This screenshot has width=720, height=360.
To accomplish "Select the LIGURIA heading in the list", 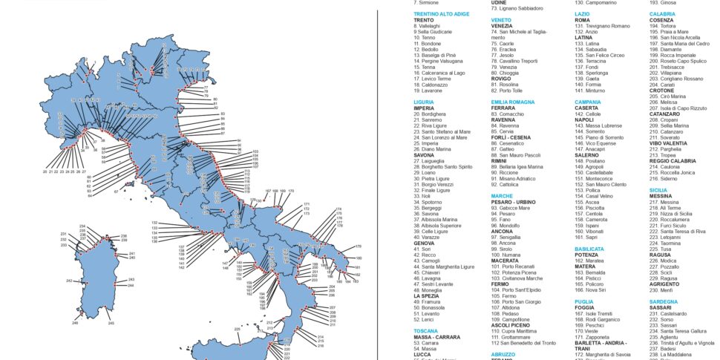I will tap(424, 101).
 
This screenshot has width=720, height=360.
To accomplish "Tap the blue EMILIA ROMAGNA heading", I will tap(512, 101).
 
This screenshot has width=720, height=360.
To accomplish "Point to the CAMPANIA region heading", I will tap(588, 101).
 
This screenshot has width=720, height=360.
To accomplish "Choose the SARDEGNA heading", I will tap(663, 302).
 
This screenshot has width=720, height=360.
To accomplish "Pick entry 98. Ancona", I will tap(507, 243).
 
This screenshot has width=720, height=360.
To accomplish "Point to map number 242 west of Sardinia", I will tap(68, 281).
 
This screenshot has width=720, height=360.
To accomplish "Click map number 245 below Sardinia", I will tap(111, 324).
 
